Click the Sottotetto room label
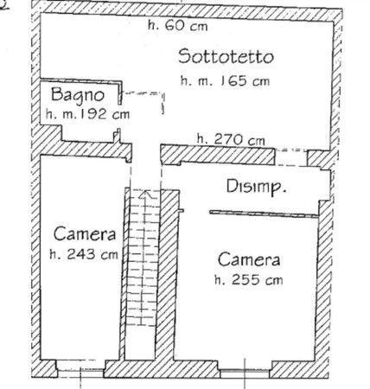(x=226, y=56)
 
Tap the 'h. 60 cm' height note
(x=177, y=25)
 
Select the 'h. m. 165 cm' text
(x=225, y=80)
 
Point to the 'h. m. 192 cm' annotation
(x=87, y=114)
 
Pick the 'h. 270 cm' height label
(x=231, y=139)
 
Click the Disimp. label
(x=256, y=187)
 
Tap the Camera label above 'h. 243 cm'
(x=85, y=234)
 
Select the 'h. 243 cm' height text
(x=84, y=254)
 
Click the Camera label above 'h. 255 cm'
(x=249, y=259)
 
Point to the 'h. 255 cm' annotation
(x=249, y=280)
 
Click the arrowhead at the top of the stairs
(x=146, y=194)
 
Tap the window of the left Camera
(x=80, y=372)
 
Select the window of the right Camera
(x=245, y=373)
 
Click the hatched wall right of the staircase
(x=167, y=274)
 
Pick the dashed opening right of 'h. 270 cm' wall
(x=291, y=157)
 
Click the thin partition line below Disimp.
(x=264, y=214)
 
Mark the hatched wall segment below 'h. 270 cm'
(x=218, y=155)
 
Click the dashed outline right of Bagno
(x=144, y=102)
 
